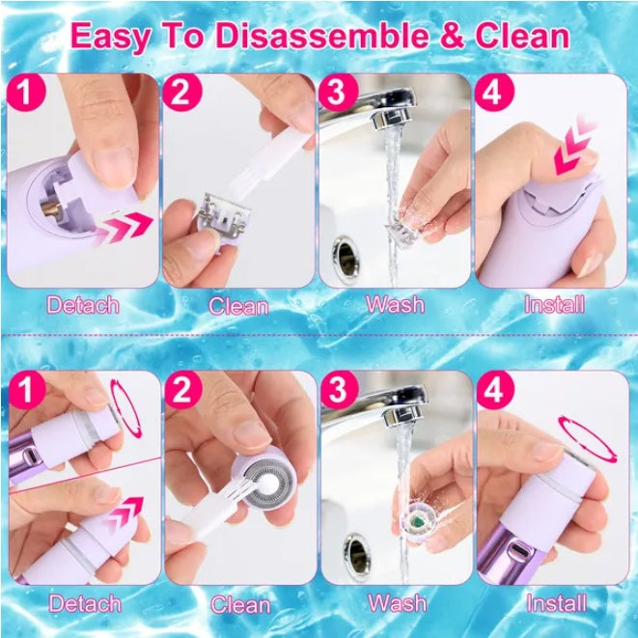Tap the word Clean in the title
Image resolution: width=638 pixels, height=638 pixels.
click(515, 37)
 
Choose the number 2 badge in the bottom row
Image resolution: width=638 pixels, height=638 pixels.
click(181, 390)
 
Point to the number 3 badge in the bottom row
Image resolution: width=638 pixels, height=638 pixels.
click(337, 390)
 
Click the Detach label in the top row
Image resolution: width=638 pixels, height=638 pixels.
click(84, 306)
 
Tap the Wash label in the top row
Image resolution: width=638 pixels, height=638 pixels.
click(395, 304)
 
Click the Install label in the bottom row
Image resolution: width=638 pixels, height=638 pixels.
click(555, 603)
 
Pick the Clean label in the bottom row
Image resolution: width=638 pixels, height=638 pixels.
click(240, 605)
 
